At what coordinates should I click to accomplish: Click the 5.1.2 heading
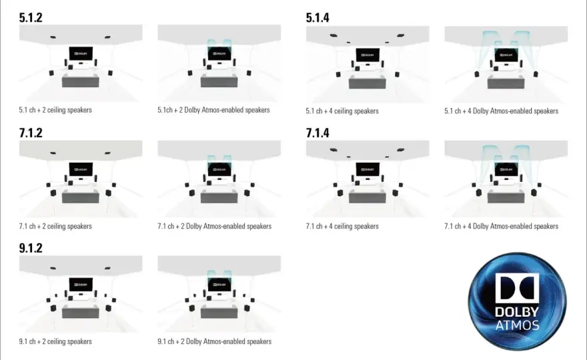[31, 17]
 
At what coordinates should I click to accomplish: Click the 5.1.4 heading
[318, 17]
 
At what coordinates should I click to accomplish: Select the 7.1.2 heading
[31, 133]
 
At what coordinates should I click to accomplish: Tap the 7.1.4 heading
[318, 133]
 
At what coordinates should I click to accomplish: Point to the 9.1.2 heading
[31, 248]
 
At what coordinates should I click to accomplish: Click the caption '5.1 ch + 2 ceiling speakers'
[55, 110]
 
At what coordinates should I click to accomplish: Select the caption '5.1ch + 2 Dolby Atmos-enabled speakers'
[213, 110]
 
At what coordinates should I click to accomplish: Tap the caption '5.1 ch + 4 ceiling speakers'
[342, 111]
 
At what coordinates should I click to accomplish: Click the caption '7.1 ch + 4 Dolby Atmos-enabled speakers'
[501, 227]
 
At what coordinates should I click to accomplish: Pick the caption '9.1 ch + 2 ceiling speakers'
[55, 341]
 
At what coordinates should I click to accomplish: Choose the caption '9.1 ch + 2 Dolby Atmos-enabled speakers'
[215, 341]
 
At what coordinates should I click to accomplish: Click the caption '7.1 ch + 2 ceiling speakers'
[55, 227]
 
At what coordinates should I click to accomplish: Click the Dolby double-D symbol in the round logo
[517, 288]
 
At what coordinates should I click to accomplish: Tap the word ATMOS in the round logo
[518, 325]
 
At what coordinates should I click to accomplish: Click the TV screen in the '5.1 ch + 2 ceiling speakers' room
[81, 54]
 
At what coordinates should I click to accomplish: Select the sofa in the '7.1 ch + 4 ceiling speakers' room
[368, 197]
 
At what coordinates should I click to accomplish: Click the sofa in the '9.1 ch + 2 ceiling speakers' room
[81, 312]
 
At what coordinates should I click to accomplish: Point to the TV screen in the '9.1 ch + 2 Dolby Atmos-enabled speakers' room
[219, 285]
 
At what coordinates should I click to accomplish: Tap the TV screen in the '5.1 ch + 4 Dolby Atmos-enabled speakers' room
[506, 55]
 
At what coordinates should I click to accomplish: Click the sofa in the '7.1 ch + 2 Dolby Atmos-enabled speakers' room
[219, 197]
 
